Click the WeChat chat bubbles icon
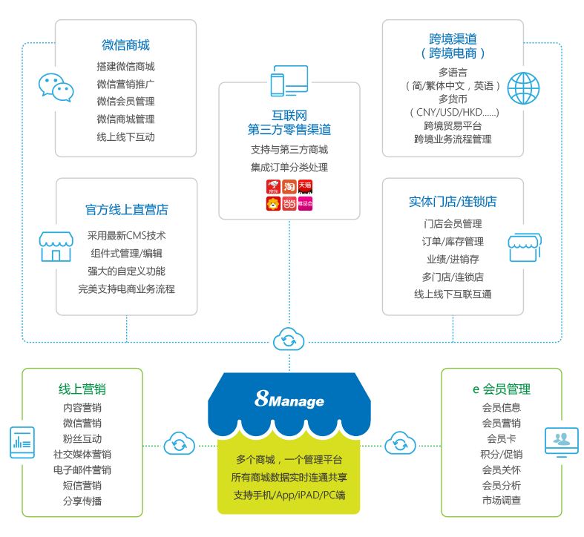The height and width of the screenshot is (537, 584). (56, 88)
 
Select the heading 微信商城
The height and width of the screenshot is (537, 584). (125, 45)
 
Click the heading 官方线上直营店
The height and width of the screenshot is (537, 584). (126, 210)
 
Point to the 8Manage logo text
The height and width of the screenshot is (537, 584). (289, 401)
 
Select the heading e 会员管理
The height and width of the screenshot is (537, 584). (501, 389)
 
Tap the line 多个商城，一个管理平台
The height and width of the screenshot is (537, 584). (289, 460)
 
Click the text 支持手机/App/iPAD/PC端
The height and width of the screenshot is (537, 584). (289, 495)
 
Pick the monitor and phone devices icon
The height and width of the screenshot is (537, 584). (289, 81)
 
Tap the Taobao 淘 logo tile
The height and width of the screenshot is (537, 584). (289, 185)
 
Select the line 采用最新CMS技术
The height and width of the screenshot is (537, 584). (126, 236)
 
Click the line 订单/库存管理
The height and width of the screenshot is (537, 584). (453, 242)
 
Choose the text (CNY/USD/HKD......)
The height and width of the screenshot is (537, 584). (453, 112)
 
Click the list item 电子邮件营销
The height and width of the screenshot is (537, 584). (82, 470)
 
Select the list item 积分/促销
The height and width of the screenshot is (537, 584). (501, 454)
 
